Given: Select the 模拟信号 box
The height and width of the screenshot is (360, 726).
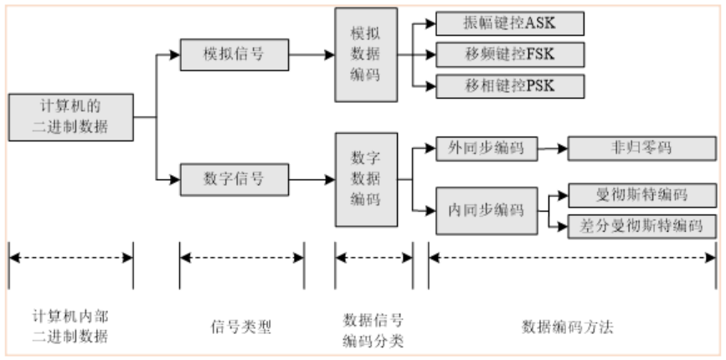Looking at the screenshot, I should click(x=234, y=54).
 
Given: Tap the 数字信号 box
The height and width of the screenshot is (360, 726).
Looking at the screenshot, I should click(x=234, y=178).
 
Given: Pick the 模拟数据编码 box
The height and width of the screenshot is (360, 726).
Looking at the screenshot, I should click(x=365, y=54).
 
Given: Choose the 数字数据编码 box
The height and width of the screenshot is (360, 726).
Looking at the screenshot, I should click(x=365, y=179).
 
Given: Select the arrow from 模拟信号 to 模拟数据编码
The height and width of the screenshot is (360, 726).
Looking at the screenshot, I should click(x=312, y=54).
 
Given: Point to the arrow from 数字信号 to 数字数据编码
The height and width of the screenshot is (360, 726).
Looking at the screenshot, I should click(x=312, y=178).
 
